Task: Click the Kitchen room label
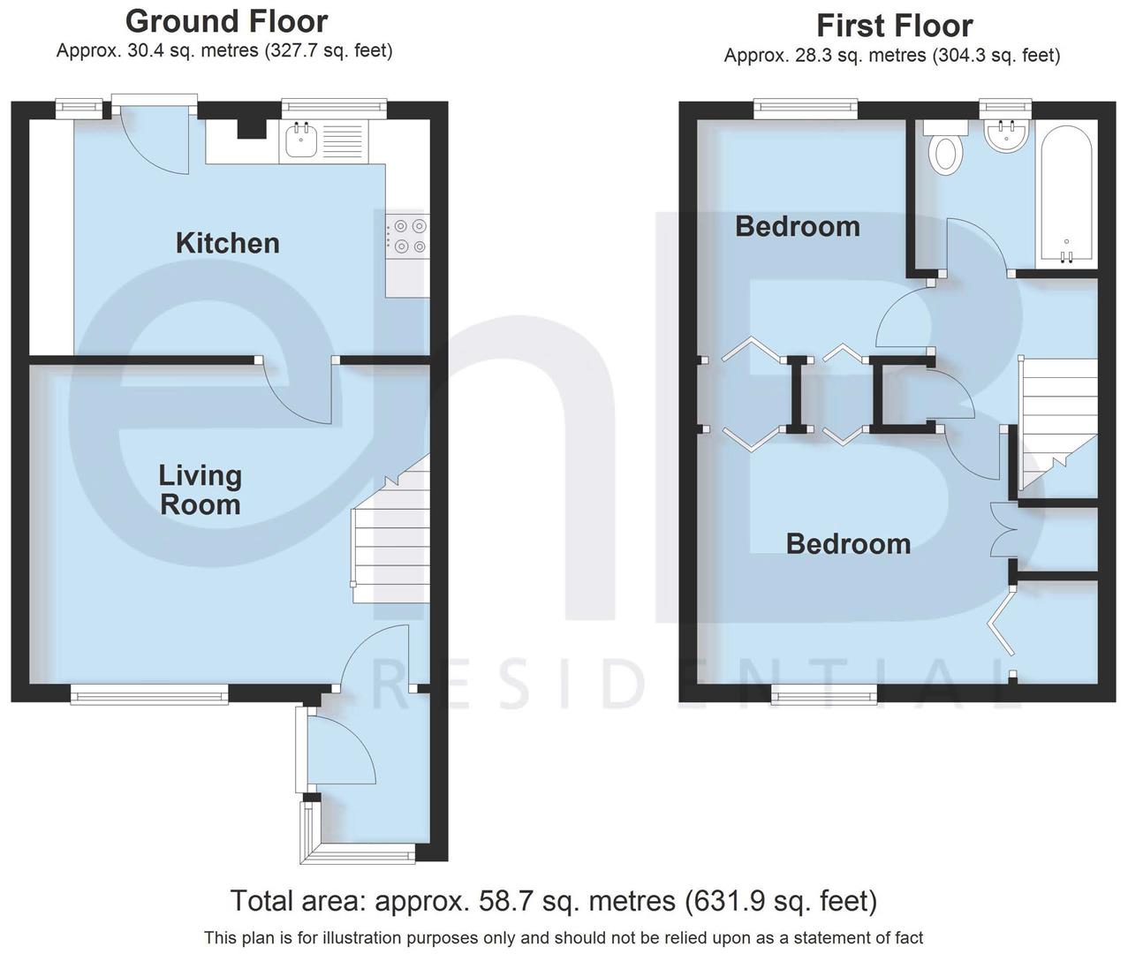click(x=227, y=243)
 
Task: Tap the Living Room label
click(x=200, y=490)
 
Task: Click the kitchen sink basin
click(x=301, y=140)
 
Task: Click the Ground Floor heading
click(x=226, y=21)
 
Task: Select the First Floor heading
click(x=894, y=26)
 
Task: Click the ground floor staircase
click(x=390, y=539)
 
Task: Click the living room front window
click(x=150, y=696)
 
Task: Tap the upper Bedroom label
click(x=797, y=226)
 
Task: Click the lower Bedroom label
click(x=848, y=543)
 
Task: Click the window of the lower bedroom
click(x=823, y=695)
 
